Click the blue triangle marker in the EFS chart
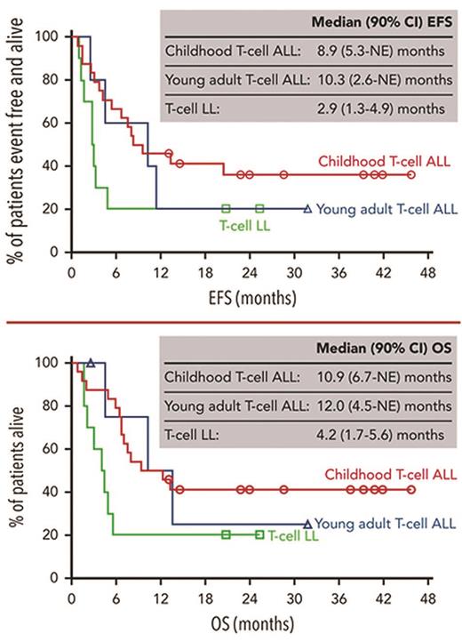pyautogui.click(x=307, y=209)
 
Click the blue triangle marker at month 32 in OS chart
pyautogui.click(x=307, y=525)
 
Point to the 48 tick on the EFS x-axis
pyautogui.click(x=427, y=273)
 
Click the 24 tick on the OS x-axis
pyautogui.click(x=249, y=598)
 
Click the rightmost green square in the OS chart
pyautogui.click(x=259, y=534)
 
